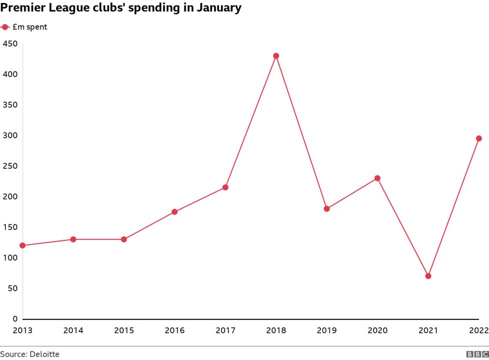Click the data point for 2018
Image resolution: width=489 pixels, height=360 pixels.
click(276, 56)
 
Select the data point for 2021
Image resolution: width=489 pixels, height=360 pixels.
click(428, 276)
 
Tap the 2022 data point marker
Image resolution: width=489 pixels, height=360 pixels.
click(479, 138)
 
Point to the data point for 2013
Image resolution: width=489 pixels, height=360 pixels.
click(23, 246)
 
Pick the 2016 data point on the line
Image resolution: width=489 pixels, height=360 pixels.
click(174, 212)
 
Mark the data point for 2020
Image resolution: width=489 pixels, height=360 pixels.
click(377, 178)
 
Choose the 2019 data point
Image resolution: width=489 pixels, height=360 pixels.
click(327, 209)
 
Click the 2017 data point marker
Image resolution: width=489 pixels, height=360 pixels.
click(225, 188)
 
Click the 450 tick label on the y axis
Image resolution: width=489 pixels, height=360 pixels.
click(10, 44)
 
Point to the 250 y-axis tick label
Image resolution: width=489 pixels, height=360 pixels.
click(10, 166)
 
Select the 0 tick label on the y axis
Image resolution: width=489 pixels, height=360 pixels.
click(15, 319)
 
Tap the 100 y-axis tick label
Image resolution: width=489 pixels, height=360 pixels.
click(10, 258)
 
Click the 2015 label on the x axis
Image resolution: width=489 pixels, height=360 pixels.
click(124, 330)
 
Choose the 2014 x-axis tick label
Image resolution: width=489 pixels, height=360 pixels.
click(73, 330)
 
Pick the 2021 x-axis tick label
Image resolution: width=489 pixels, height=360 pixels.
click(428, 330)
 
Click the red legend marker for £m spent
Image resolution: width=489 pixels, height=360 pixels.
click(5, 27)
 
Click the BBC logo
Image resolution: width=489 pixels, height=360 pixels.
click(477, 354)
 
